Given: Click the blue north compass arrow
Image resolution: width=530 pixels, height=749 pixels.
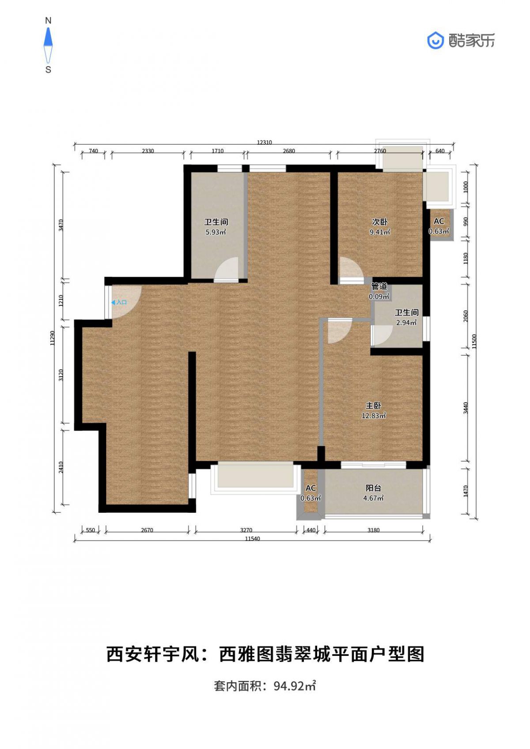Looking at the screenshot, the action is [x=49, y=36].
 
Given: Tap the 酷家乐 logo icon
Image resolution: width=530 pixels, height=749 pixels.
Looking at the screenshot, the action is [x=435, y=41].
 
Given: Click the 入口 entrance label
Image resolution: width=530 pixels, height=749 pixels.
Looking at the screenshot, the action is [x=119, y=302].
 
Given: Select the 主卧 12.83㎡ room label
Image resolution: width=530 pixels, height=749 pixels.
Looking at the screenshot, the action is [x=373, y=411].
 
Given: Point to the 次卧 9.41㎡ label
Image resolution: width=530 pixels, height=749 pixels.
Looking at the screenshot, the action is [x=380, y=227].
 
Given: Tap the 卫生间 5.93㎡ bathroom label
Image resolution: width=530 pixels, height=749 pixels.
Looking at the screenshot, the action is [x=216, y=227].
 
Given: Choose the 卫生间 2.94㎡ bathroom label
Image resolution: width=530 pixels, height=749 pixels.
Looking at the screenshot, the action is [x=406, y=317].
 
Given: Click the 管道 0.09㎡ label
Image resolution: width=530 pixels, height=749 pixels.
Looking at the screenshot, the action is [x=379, y=291].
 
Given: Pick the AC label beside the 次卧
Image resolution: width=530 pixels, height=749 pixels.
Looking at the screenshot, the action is [x=439, y=226].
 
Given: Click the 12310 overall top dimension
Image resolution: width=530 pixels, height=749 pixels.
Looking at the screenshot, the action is [x=264, y=142].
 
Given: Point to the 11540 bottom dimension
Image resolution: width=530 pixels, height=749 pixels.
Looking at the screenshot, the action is [x=252, y=538].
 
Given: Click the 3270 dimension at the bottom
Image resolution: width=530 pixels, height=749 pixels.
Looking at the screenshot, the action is [x=246, y=530].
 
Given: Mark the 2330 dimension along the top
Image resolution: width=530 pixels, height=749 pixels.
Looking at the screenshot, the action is [x=148, y=151].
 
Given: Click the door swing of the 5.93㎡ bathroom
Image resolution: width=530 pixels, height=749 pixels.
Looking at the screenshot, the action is [x=226, y=270].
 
